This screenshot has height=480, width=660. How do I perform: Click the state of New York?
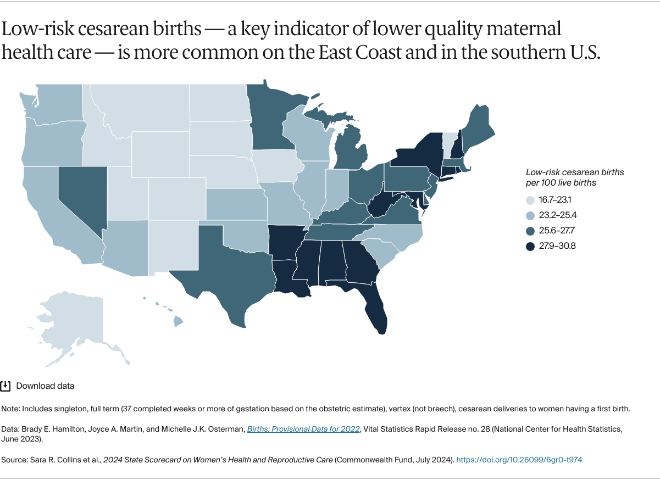[418, 154]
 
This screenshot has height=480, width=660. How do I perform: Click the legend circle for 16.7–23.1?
[530, 200]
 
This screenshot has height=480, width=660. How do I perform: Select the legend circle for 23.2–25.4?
[530, 215]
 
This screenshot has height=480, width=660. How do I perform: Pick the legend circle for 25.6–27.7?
[530, 231]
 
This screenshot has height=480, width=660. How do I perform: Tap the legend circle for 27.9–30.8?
[530, 246]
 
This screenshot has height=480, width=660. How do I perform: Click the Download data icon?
[6, 386]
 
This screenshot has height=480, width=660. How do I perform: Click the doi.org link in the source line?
[519, 460]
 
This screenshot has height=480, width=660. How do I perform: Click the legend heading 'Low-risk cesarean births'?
[575, 172]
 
